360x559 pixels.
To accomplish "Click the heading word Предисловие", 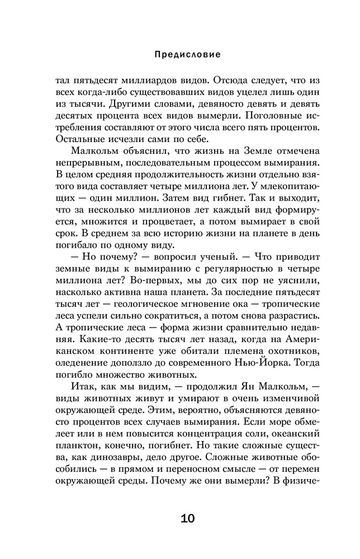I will pyautogui.click(x=179, y=55).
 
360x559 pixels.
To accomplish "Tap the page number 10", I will pyautogui.click(x=179, y=519).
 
